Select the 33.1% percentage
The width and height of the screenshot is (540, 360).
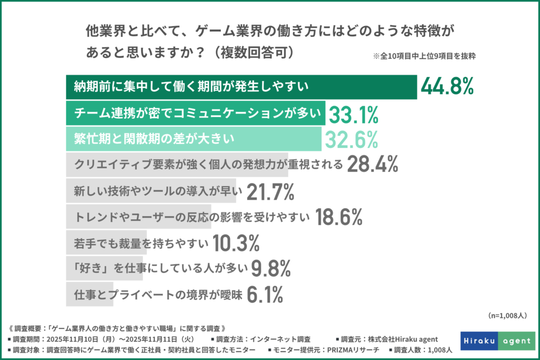(354, 113)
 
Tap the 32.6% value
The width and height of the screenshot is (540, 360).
(351, 139)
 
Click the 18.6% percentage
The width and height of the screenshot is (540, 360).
(339, 217)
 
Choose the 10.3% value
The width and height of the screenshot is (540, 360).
(236, 243)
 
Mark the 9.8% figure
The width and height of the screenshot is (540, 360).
(272, 269)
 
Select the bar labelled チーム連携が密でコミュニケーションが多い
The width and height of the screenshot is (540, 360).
(195, 113)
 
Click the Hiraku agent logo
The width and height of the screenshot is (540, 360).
(497, 340)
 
